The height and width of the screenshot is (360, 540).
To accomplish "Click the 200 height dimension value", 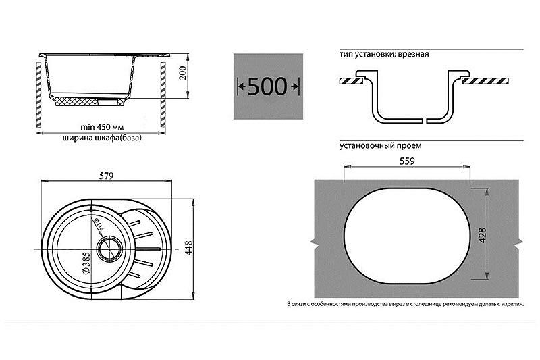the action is [183, 73].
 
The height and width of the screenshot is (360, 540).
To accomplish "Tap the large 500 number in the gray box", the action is [267, 86].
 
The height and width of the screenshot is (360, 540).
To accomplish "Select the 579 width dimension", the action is [106, 176].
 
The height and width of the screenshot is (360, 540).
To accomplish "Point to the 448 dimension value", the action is [189, 248].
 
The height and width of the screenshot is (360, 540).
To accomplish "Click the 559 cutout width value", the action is [407, 161].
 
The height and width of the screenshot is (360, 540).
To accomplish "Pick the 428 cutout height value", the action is [483, 235].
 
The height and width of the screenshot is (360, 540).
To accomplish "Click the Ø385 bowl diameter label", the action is [86, 263].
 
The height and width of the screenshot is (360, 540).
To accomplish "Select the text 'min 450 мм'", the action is [100, 127].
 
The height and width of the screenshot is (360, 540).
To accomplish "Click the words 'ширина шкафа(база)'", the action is [102, 138].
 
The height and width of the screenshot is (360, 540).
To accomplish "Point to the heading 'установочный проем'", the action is [380, 145].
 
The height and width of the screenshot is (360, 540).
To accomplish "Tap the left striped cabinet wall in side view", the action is [38, 95].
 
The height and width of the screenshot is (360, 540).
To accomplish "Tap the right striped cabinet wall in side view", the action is [163, 95].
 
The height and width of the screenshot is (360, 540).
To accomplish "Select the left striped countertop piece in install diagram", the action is [351, 81].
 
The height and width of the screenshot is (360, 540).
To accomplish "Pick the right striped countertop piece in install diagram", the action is [485, 81].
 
